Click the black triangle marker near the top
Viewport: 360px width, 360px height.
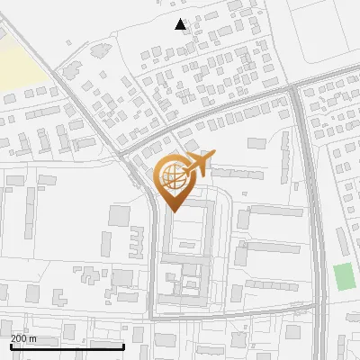point(181,24)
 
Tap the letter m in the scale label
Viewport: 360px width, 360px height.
point(34,337)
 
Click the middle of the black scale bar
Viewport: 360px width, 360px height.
point(67,346)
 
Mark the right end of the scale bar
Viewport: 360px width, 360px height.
point(123,346)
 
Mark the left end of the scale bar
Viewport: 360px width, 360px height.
point(10,346)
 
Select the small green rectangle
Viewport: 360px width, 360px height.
point(344,276)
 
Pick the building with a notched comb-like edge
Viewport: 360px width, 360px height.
point(137,238)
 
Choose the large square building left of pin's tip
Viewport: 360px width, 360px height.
point(119,215)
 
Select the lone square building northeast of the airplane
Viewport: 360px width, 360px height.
point(257,142)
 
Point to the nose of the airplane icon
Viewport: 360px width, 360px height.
point(214,157)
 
